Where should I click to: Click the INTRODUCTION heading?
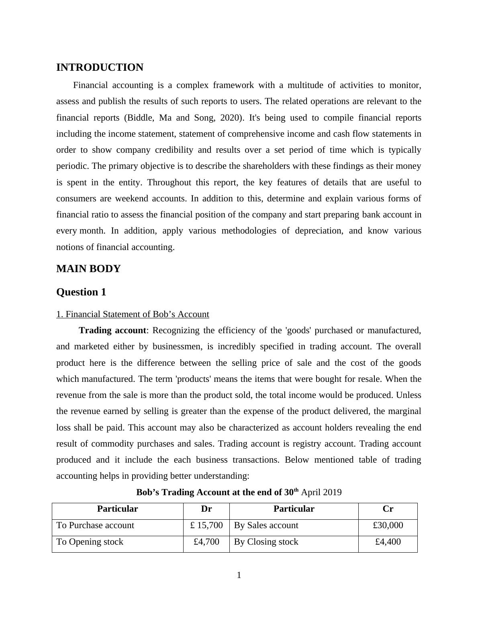100,68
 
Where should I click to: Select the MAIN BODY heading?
88,269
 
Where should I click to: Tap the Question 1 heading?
81,292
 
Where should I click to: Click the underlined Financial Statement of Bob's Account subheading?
133,314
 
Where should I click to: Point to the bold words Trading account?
112,330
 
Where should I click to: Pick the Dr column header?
206,509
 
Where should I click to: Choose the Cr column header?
388,509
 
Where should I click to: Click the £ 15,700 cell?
206,525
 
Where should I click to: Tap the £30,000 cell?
388,525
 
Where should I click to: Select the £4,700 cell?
206,542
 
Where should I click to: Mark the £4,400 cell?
388,542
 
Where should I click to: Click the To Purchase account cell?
95,525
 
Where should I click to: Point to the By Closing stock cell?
266,542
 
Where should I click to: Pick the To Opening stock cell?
90,542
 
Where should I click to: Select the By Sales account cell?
266,525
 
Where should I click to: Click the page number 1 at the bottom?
239,576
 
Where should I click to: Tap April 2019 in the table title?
321,492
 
